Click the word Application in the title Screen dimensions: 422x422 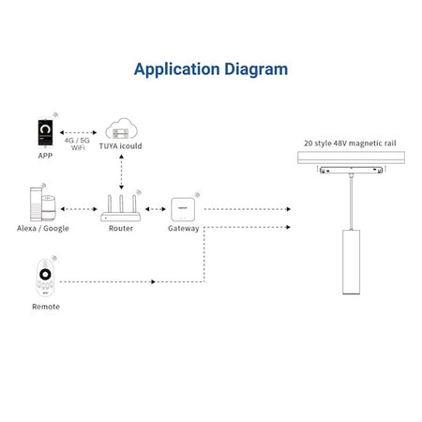(x=176, y=69)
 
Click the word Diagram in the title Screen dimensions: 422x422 (x=256, y=69)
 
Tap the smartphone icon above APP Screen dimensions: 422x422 (x=45, y=132)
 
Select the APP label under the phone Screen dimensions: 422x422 (x=45, y=156)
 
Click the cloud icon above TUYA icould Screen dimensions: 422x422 (x=121, y=128)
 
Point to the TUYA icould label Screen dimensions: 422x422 (x=121, y=146)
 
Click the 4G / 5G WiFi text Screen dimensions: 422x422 (x=77, y=143)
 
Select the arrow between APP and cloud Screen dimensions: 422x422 (x=78, y=132)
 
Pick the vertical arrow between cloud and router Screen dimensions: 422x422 (x=121, y=172)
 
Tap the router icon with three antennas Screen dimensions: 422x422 (x=121, y=208)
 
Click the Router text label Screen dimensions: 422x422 (x=121, y=229)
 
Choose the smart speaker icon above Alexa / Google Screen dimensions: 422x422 (x=43, y=203)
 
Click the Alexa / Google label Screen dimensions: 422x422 (x=43, y=229)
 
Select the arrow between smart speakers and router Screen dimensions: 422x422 (x=79, y=209)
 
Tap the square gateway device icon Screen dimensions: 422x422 (x=183, y=209)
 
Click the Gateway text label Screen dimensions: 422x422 (x=184, y=229)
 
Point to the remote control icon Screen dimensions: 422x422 (x=45, y=278)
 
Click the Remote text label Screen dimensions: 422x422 (x=46, y=307)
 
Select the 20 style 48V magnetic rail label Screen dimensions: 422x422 (x=350, y=143)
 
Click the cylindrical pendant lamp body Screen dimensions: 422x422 (x=351, y=262)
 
